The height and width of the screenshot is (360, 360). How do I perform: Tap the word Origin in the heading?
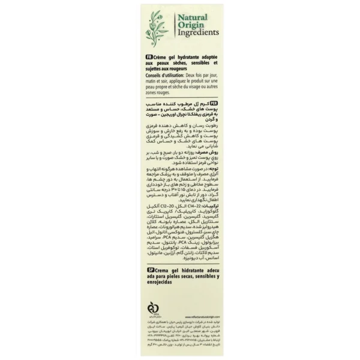point(188,26)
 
